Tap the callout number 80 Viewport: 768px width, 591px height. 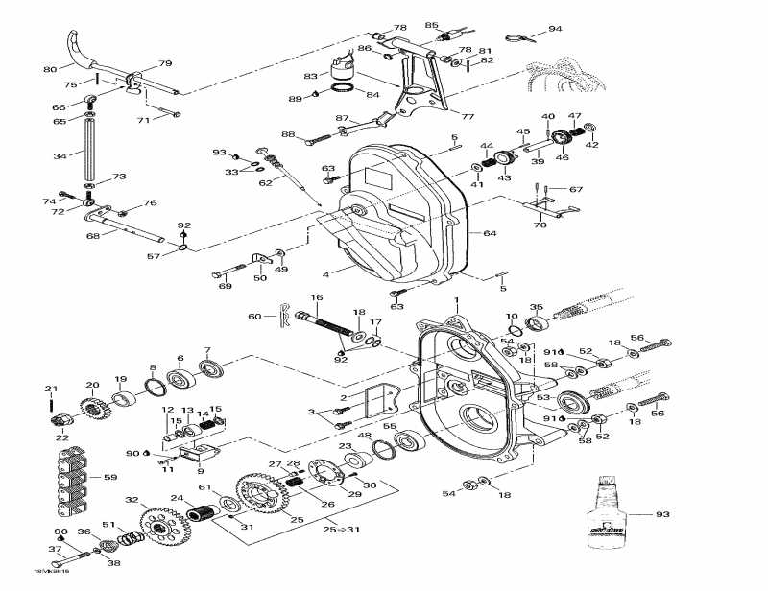(50, 69)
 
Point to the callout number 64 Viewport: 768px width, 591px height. (489, 233)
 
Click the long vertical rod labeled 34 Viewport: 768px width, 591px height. (88, 155)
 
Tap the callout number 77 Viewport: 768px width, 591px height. (468, 116)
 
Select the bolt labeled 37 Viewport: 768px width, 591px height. (77, 555)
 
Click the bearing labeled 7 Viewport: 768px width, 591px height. (210, 366)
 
